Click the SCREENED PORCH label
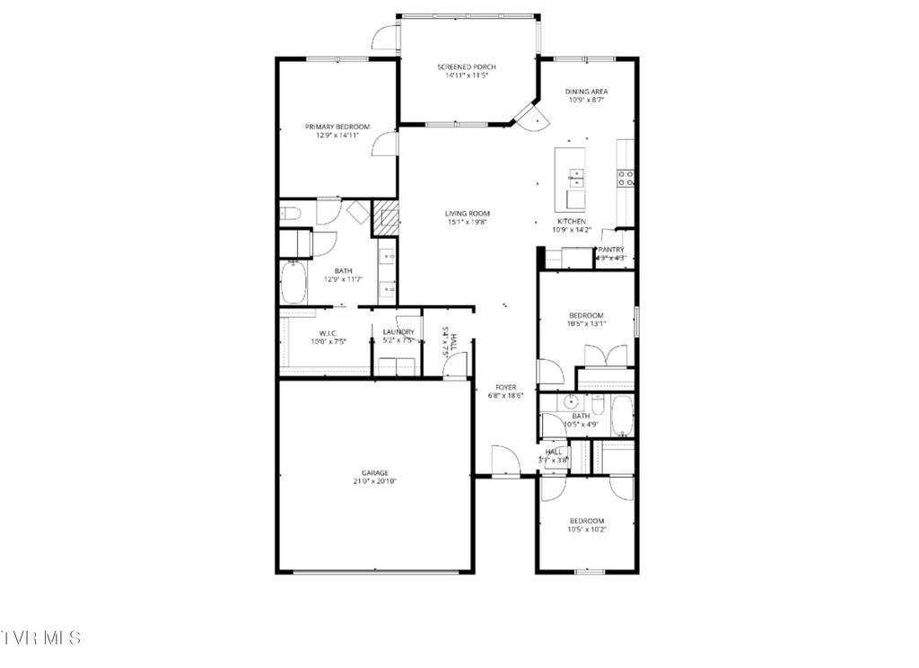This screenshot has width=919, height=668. click(x=466, y=67)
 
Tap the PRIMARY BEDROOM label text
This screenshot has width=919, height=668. click(x=337, y=127)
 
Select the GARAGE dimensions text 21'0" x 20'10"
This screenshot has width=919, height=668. click(x=375, y=481)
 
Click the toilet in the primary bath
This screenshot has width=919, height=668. click(x=290, y=213)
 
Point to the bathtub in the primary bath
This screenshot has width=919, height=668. click(x=293, y=282)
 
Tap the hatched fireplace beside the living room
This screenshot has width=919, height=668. click(x=387, y=219)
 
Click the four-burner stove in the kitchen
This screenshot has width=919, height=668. click(x=626, y=177)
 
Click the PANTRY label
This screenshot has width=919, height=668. click(x=611, y=250)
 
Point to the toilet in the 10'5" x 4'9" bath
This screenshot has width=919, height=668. click(x=599, y=405)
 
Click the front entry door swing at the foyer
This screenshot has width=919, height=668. click(x=505, y=461)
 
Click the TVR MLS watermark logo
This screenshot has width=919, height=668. click(x=41, y=637)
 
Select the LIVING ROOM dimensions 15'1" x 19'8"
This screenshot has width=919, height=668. click(x=468, y=223)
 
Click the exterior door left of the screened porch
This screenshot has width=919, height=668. click(x=387, y=37)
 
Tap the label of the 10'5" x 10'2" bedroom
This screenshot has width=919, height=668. click(x=586, y=521)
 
